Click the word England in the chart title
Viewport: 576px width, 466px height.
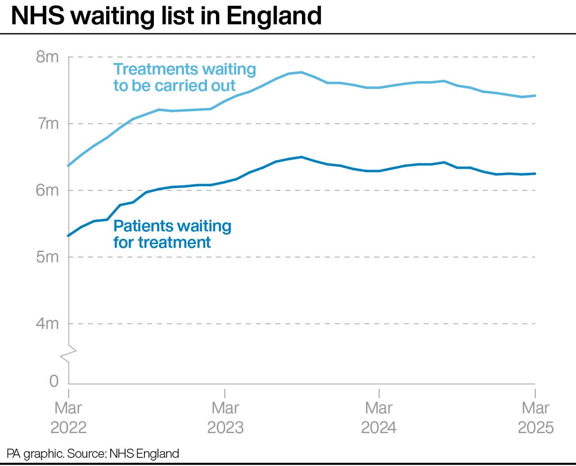point(274,16)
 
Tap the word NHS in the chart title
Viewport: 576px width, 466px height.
point(38,16)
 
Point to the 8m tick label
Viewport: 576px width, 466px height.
point(47,57)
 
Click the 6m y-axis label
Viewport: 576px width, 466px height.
point(47,190)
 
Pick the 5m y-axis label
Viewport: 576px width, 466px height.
point(47,257)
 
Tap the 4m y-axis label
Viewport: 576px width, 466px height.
point(47,323)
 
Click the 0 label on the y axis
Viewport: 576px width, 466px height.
point(54,381)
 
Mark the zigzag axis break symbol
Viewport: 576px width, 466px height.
point(68,353)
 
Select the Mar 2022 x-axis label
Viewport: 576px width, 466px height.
point(68,417)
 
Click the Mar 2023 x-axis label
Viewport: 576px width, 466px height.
point(225,417)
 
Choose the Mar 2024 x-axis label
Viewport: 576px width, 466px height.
point(379,417)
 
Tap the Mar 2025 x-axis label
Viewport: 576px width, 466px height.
point(535,417)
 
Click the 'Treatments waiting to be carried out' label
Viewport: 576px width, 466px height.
point(184,77)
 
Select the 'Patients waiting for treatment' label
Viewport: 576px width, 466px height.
point(172,234)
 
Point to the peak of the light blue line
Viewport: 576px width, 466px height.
point(301,72)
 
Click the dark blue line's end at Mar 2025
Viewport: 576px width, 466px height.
point(535,173)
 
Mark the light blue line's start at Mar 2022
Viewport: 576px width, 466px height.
point(68,166)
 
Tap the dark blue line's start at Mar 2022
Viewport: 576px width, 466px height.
point(68,235)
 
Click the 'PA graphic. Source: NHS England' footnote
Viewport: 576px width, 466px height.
point(93,453)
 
